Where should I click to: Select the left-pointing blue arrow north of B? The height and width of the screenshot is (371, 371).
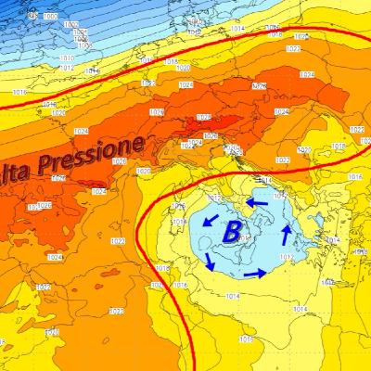coord(258,201)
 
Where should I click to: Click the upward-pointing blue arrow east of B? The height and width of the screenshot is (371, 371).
coord(287,231)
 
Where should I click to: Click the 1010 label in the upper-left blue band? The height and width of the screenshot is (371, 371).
coord(66,58)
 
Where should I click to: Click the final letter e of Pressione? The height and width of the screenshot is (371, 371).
coord(137,142)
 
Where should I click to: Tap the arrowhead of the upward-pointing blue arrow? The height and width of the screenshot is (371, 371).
coord(288,225)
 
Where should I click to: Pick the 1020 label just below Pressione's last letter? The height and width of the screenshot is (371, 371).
coord(143,171)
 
